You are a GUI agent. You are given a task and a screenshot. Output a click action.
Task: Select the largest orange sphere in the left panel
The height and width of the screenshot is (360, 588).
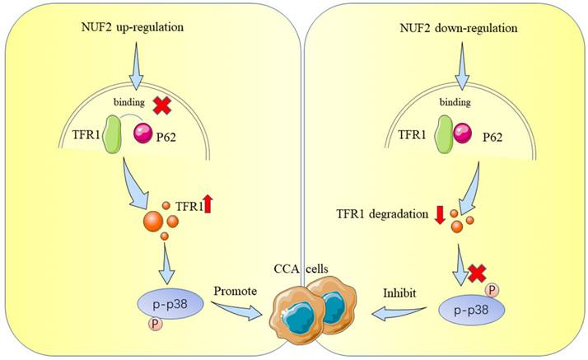pos(153,222)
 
